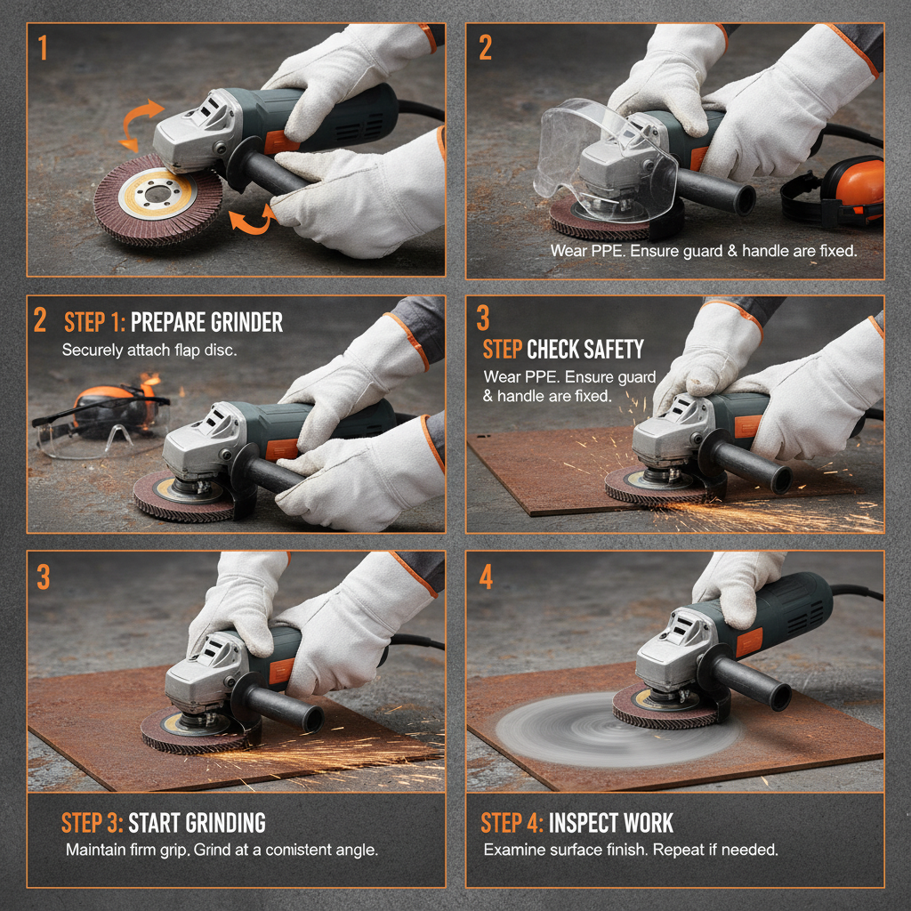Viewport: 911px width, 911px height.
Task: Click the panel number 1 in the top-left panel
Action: tap(43, 47)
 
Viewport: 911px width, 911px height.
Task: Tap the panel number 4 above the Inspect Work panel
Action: tap(486, 576)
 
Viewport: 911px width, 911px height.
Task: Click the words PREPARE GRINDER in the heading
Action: tap(206, 322)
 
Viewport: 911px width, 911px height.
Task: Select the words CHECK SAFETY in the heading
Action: tap(585, 348)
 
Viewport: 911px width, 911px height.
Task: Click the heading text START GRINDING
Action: tap(197, 821)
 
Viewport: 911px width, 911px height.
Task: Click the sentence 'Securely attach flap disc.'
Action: tap(149, 351)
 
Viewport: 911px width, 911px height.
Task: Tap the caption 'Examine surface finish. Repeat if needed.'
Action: tap(631, 850)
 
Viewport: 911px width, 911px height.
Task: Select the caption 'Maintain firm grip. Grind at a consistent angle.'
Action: tap(222, 850)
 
